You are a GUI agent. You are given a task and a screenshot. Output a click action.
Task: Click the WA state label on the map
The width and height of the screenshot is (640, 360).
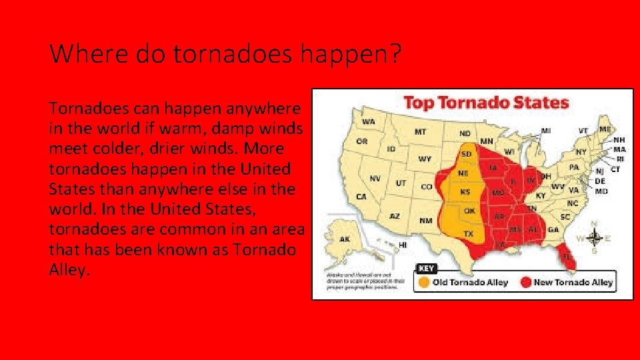367,123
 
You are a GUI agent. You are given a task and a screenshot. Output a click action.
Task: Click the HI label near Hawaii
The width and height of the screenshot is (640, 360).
403,245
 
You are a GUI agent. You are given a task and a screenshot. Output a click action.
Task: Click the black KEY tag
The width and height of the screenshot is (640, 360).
427,268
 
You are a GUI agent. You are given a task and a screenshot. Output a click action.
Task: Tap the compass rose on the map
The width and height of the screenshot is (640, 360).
595,238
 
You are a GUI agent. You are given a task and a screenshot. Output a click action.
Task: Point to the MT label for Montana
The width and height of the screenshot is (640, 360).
420,132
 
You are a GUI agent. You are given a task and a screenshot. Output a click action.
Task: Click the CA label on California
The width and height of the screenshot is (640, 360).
361,197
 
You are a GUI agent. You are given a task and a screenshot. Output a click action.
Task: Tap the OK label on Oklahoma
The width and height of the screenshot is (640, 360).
469,211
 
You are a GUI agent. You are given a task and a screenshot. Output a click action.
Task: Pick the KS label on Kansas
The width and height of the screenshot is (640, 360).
465,192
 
